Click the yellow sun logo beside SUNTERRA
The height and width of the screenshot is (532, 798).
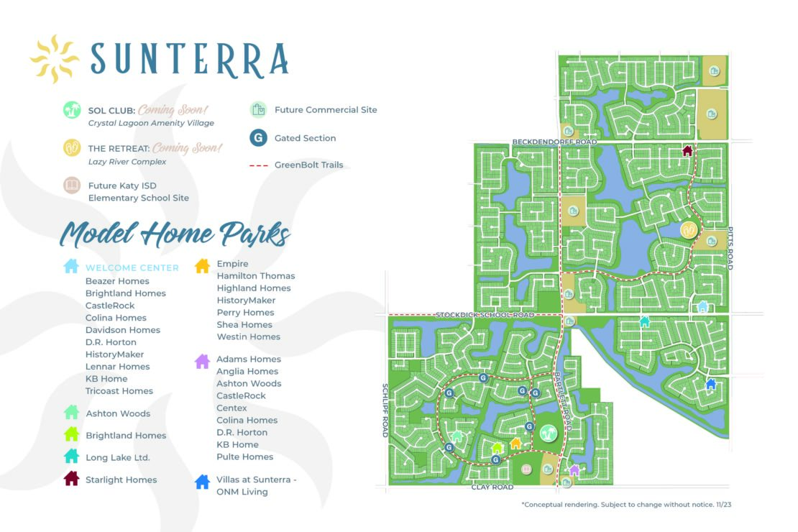tap(54, 58)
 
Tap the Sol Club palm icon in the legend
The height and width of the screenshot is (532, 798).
tap(71, 110)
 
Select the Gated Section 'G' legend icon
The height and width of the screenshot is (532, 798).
tap(258, 138)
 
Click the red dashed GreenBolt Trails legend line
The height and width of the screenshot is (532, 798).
tap(258, 165)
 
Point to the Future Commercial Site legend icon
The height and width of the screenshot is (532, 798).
tap(258, 110)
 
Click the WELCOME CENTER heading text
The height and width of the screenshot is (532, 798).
tap(132, 268)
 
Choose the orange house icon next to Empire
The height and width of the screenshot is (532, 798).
tap(203, 265)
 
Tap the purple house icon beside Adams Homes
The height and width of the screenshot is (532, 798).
tap(203, 361)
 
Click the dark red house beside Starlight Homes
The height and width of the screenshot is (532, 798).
tap(71, 479)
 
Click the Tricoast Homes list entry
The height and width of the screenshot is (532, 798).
tap(119, 391)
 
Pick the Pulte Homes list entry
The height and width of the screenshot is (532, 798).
tap(245, 457)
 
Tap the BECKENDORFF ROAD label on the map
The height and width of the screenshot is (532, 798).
tap(555, 142)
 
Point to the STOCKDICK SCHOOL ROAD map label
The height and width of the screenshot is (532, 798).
tap(485, 315)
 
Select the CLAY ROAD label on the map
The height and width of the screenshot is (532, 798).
tap(492, 487)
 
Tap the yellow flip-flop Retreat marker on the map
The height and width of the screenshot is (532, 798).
tap(689, 230)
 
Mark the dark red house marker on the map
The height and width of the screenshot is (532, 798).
tap(687, 151)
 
